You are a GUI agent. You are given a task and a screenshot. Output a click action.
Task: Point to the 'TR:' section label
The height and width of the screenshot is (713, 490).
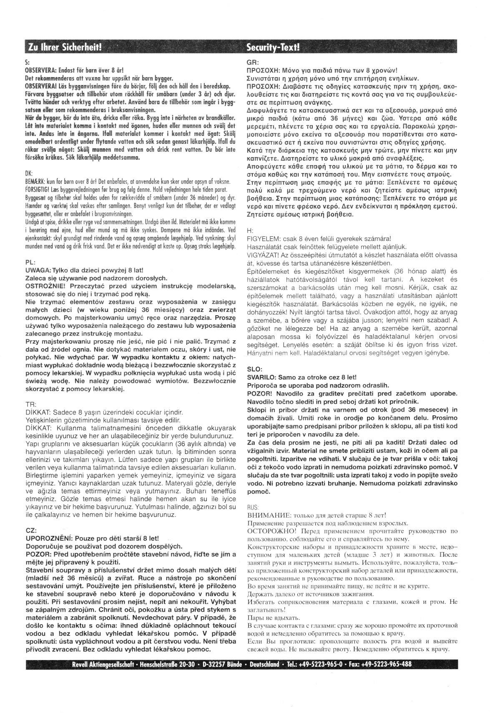[30, 404]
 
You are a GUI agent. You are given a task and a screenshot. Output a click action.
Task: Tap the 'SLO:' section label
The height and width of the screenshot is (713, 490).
[255, 369]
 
